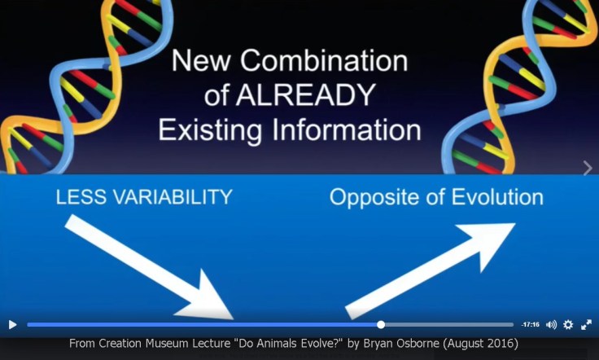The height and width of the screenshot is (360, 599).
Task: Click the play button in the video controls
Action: (x=12, y=324)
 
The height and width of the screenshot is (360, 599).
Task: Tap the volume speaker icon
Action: (x=551, y=324)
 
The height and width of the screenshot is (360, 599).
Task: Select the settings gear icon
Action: (x=568, y=324)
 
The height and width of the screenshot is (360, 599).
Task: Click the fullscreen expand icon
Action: (x=586, y=324)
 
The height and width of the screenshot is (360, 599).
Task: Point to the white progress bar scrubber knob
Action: (x=381, y=324)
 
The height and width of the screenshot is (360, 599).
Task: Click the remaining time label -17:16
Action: (x=531, y=324)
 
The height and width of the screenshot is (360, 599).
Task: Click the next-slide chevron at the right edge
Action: (x=588, y=168)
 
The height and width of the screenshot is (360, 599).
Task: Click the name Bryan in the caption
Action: (x=367, y=344)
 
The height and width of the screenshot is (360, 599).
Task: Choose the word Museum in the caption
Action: (x=164, y=344)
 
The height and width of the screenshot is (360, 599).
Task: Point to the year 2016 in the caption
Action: (x=501, y=344)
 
